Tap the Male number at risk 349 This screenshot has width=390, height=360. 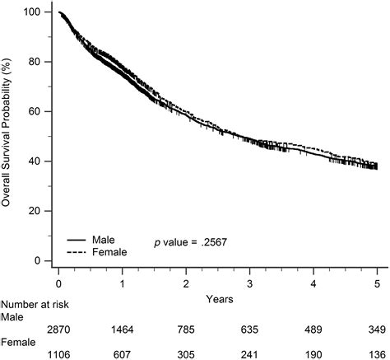pos(377,330)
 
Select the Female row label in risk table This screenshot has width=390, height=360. pos(19,342)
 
